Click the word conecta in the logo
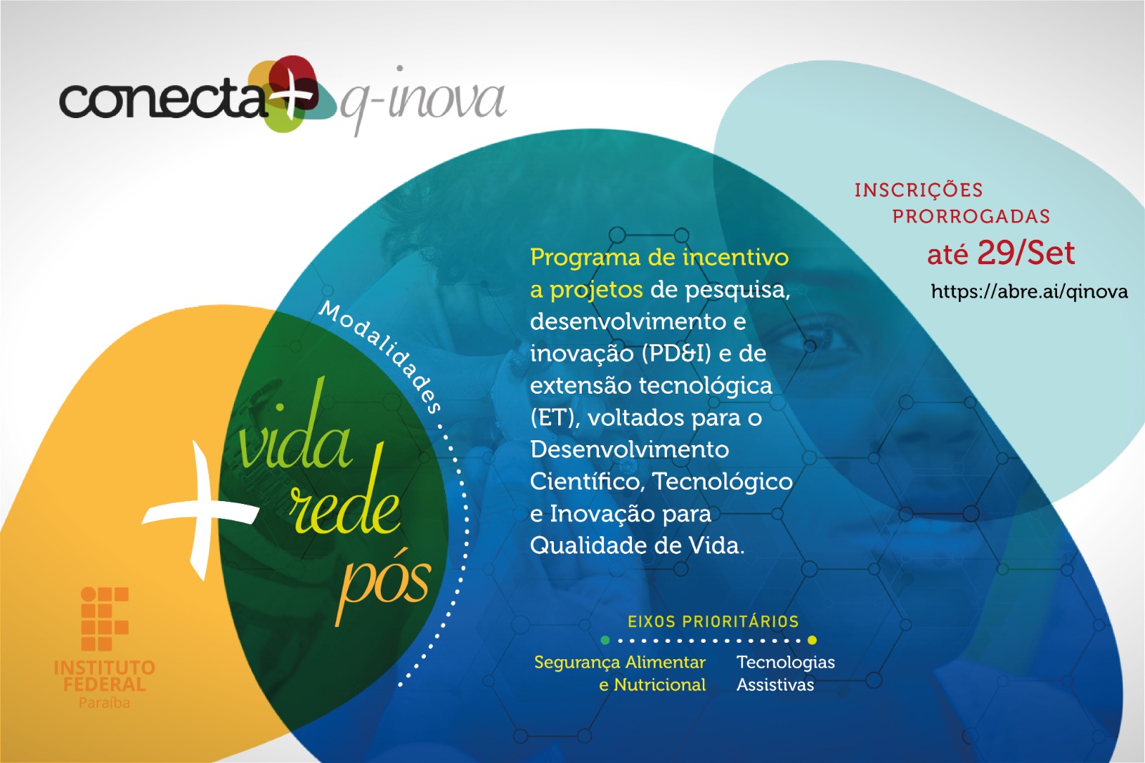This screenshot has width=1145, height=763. pyautogui.click(x=161, y=99)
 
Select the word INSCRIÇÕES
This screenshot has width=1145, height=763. pyautogui.click(x=918, y=190)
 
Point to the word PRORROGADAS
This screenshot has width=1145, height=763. pyautogui.click(x=971, y=216)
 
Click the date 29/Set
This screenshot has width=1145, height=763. pyautogui.click(x=1025, y=253)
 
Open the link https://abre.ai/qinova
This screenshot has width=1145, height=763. pyautogui.click(x=1029, y=291)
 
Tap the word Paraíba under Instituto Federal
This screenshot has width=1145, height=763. pyautogui.click(x=104, y=703)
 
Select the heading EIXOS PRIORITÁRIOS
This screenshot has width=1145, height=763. pyautogui.click(x=713, y=621)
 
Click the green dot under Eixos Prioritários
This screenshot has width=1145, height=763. pyautogui.click(x=605, y=640)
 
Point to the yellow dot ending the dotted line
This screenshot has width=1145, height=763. pyautogui.click(x=812, y=640)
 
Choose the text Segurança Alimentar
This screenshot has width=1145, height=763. pyautogui.click(x=620, y=662)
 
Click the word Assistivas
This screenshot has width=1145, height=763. pyautogui.click(x=775, y=685)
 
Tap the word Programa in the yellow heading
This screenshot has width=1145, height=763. pyautogui.click(x=585, y=257)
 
